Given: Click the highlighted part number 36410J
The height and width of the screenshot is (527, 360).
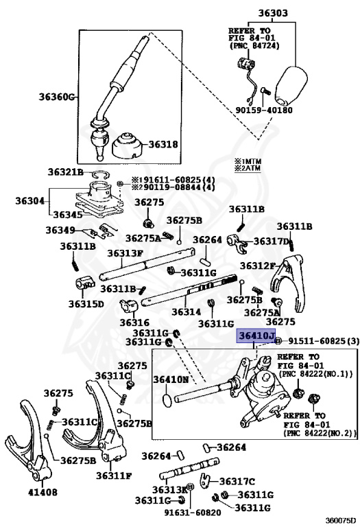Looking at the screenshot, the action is pos(256,336).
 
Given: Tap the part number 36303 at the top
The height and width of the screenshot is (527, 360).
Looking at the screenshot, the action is pos(273,13).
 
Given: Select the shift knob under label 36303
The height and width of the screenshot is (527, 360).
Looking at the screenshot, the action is pos(291,86).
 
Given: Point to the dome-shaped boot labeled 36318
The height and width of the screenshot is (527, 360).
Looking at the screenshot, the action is pos(128,147).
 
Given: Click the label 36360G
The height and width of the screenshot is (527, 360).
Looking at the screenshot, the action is pos(56,97).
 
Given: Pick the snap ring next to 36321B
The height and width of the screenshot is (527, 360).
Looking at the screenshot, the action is pos(100,175).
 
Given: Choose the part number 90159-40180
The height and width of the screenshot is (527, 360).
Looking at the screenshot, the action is pos(263,110).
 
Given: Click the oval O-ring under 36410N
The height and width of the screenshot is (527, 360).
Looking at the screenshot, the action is pos(167,400).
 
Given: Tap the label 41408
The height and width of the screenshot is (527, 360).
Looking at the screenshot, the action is pos(43,492).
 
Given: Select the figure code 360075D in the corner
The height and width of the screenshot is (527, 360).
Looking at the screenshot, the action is pos(340,521).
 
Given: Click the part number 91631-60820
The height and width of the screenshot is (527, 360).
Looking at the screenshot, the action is pos(193,513).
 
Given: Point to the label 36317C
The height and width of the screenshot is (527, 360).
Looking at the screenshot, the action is pos(237,482).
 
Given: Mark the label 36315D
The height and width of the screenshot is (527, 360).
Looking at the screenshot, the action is pos(86,304).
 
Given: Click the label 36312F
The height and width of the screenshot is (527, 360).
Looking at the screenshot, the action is pos(257,266).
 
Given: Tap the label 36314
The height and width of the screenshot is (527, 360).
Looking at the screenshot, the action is pos(187,312).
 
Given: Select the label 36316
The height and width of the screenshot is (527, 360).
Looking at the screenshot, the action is pos(134,323).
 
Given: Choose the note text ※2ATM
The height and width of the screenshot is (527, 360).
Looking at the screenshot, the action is pos(248,168).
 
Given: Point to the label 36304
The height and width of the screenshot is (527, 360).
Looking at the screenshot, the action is pos(30,201).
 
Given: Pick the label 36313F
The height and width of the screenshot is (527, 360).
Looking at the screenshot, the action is pos(125,253).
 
